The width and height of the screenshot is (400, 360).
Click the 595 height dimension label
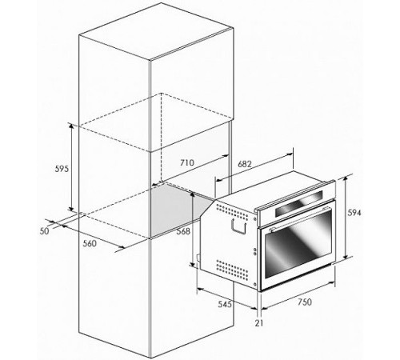(x=62, y=169)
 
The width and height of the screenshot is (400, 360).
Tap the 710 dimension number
(x=187, y=162)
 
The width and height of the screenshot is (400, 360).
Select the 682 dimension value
(x=245, y=164)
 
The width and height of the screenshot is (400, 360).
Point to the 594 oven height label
(x=354, y=213)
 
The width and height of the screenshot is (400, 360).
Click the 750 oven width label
(x=305, y=302)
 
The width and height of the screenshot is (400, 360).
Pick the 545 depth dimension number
(x=225, y=304)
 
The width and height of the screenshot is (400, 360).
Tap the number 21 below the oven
(x=259, y=323)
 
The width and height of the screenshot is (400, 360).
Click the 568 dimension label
(x=183, y=231)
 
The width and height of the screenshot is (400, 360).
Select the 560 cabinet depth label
(x=90, y=243)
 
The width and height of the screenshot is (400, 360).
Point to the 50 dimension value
(x=45, y=231)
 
